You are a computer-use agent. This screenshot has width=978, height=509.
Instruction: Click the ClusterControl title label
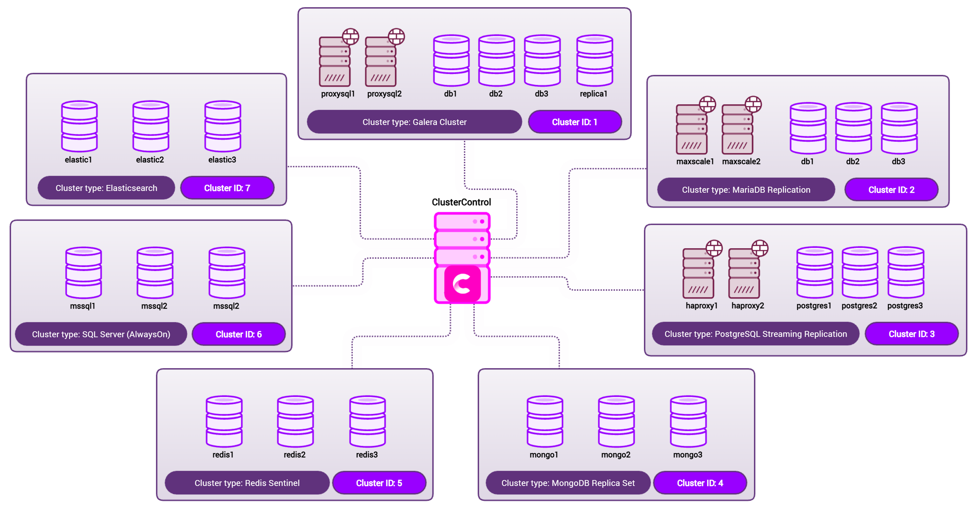click(461, 202)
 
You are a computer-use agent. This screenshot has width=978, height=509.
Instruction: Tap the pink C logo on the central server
click(462, 284)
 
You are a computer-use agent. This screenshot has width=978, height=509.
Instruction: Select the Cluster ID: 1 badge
click(575, 122)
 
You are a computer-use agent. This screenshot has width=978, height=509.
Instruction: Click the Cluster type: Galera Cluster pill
click(414, 122)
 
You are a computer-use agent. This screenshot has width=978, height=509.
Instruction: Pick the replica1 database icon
click(594, 61)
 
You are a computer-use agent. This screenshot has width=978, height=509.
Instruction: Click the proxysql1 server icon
click(335, 62)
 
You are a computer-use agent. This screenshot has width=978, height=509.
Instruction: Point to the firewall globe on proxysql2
click(396, 36)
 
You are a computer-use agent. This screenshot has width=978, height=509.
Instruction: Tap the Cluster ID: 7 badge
click(227, 188)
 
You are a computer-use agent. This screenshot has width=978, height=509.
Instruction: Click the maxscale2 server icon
click(737, 130)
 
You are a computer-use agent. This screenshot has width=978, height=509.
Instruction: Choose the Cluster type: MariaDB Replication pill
click(746, 190)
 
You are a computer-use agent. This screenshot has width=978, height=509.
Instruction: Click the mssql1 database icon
click(83, 273)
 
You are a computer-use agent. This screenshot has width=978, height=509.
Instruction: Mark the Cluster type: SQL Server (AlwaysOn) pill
click(101, 334)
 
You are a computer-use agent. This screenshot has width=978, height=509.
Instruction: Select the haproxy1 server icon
click(698, 274)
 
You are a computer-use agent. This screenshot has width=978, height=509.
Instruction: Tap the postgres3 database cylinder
click(905, 273)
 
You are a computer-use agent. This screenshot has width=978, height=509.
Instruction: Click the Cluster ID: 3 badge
click(911, 334)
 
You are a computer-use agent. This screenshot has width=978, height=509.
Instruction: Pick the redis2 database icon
click(295, 421)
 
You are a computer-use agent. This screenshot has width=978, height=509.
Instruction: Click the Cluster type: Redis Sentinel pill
click(247, 483)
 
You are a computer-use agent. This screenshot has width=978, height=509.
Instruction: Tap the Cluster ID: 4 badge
click(700, 483)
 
